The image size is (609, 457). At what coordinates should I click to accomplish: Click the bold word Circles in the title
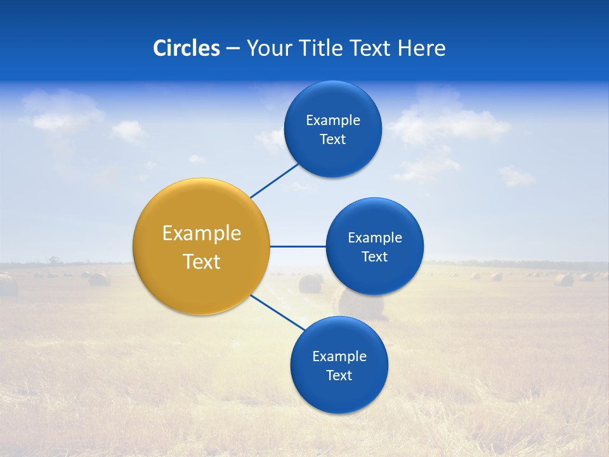[186, 48]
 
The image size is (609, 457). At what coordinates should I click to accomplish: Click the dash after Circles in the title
[233, 49]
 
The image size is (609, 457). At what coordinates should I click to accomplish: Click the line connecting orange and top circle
[275, 181]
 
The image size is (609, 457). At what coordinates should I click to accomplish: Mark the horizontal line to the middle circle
[298, 246]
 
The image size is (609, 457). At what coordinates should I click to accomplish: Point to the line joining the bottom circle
[278, 312]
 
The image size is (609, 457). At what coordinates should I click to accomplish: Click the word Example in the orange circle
[201, 233]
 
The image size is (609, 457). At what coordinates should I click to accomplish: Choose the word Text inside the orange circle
[201, 262]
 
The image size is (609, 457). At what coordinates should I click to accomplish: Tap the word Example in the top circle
[332, 120]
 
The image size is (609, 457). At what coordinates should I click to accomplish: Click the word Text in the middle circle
[374, 256]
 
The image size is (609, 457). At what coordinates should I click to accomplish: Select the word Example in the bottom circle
[339, 356]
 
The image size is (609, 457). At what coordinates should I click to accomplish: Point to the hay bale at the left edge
[8, 285]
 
